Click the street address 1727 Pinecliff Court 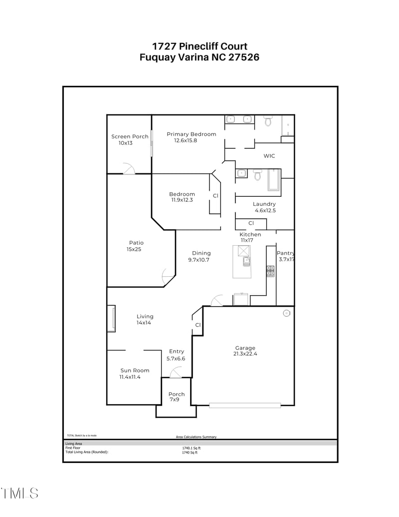tap(199, 46)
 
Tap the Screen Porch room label tap(130, 136)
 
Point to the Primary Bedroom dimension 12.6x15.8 tap(186, 141)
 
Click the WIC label tap(269, 156)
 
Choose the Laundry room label tap(264, 204)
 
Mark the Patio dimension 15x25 tap(134, 249)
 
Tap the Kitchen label tap(250, 234)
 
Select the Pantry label tap(286, 253)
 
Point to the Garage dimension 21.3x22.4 tap(245, 354)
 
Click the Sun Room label tap(135, 371)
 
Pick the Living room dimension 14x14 tap(144, 323)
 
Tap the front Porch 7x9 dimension tap(174, 400)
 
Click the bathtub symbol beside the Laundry tap(274, 180)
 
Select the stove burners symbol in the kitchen tap(270, 271)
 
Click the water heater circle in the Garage tap(286, 313)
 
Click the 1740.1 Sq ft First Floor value tap(191, 448)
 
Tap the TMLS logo tap(19, 494)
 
